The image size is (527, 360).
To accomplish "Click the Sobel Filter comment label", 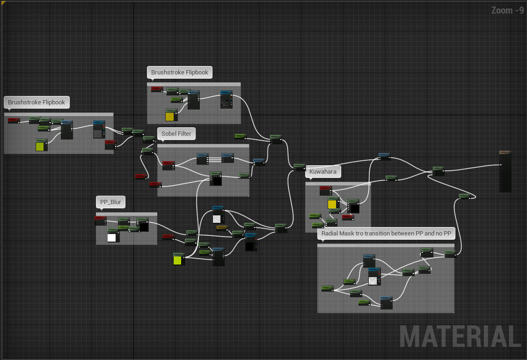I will pos(176,133).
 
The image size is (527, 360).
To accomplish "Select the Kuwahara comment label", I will pos(322,172).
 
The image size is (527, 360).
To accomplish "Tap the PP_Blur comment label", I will pos(110,202).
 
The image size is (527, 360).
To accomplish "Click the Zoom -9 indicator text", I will pos(507,10).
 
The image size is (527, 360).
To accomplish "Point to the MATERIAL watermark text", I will pos(460,336).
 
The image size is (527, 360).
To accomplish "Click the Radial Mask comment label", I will pos(386,233).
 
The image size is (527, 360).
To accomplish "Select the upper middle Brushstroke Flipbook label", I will pos(180,73).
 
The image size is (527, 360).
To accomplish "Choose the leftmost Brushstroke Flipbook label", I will pos(37,102).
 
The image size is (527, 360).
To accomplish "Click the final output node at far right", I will pos(505,172).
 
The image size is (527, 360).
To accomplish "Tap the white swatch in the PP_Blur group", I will pos(112,237).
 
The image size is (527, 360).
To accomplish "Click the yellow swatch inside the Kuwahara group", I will pos(332,204).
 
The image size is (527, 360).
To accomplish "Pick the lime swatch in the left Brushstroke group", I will pos(41,147).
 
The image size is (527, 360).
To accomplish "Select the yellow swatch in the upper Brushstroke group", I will pos(170,117).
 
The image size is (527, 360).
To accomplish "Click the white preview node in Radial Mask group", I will pos(373,280).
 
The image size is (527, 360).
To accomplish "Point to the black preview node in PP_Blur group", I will pos(143,226).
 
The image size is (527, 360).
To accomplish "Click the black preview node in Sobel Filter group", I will pos(216,180).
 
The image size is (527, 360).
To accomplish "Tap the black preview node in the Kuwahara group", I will pos(354,208).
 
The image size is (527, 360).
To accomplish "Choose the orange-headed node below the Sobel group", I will pos(222,228).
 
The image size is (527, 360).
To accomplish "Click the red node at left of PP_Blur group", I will pos(100,220).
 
